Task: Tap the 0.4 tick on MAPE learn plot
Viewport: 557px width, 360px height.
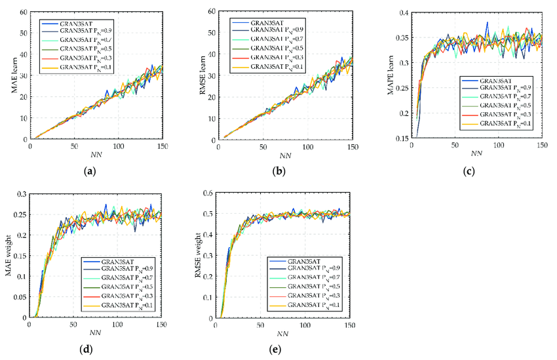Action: pos(403,13)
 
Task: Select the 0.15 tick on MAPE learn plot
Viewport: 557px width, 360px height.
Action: pos(401,138)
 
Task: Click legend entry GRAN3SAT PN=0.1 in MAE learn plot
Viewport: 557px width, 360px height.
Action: pos(79,66)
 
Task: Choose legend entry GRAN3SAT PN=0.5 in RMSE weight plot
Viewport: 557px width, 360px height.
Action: pos(308,286)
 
